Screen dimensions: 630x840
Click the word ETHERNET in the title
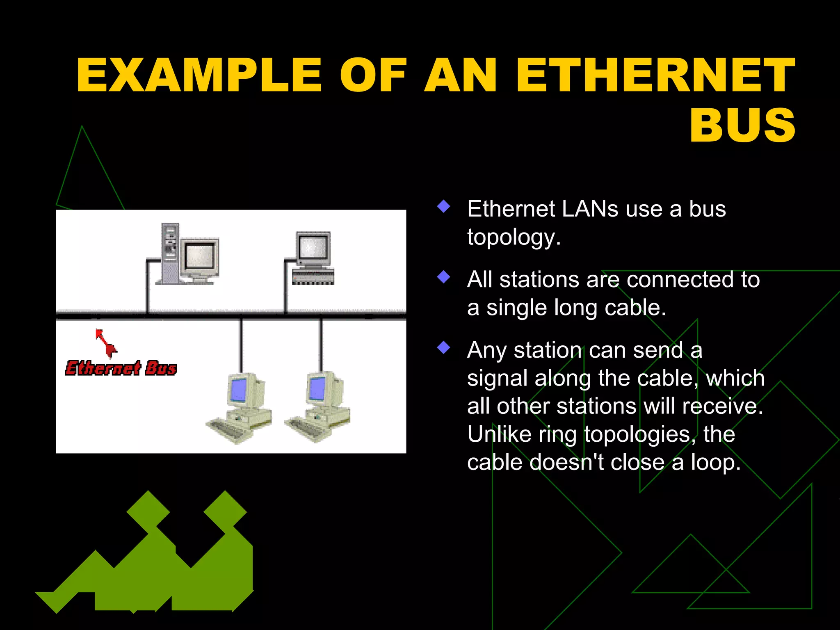[655, 75]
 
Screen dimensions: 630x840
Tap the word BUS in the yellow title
[743, 125]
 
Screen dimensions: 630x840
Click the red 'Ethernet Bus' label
[121, 368]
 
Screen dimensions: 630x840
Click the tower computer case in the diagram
[170, 253]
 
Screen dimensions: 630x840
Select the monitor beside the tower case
[201, 260]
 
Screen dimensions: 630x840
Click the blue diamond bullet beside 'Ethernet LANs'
[444, 206]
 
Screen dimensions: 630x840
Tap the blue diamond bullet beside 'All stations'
[444, 277]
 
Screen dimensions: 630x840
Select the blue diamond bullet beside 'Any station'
[444, 347]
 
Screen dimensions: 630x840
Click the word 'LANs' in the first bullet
[590, 209]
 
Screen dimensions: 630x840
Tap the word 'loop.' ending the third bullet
[716, 462]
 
